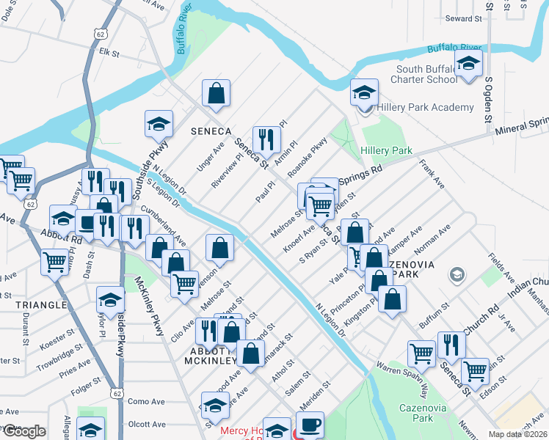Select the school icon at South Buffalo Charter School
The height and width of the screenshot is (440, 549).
(468, 65)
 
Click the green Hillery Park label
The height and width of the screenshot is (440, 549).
(386, 150)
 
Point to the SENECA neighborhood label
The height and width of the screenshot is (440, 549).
(211, 131)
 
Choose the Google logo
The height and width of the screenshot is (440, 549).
(23, 431)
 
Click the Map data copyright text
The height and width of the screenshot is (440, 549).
(517, 434)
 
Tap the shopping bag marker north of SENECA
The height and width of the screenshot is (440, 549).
(216, 93)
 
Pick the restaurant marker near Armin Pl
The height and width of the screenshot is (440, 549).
(266, 139)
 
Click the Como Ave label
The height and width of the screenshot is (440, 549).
(146, 402)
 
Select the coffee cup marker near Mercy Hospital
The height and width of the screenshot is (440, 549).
(309, 425)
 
